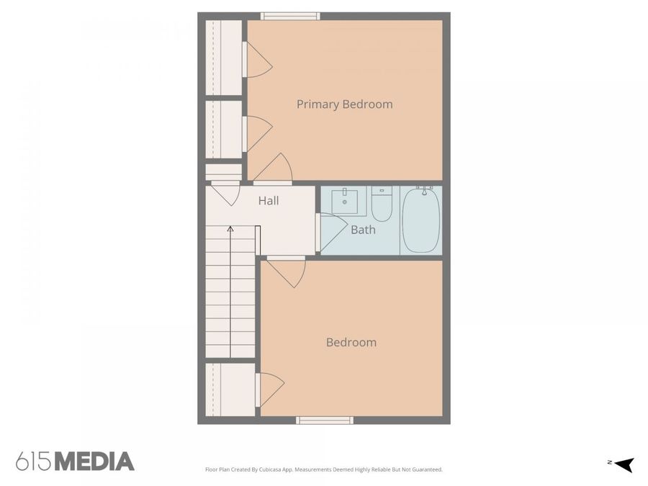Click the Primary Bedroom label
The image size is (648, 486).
click(344, 104)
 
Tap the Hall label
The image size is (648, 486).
click(269, 202)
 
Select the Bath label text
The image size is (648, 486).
click(363, 230)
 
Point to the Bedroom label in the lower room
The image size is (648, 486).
click(351, 343)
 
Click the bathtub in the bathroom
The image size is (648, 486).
click(421, 220)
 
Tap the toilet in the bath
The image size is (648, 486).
click(382, 204)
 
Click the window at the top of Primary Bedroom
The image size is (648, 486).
click(290, 16)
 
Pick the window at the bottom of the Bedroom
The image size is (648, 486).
click(325, 420)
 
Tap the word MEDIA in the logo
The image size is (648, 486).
click(94, 462)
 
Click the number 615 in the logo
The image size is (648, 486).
click(34, 462)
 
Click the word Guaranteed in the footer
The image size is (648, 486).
click(425, 469)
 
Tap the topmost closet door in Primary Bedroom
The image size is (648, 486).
click(257, 60)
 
